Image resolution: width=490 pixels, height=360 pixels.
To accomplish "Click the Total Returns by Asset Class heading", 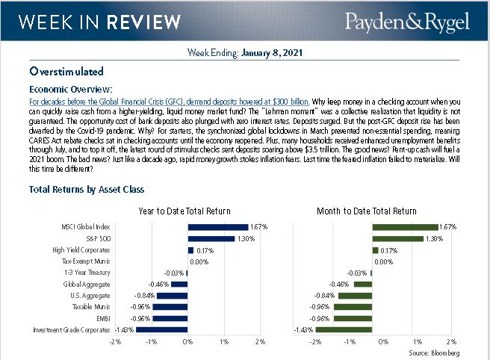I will [87, 190].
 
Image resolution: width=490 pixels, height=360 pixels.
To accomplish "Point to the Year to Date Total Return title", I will [184, 211].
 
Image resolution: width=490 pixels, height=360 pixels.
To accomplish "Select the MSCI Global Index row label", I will [85, 226].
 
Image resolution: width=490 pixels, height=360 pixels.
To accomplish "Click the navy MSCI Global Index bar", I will [217, 226].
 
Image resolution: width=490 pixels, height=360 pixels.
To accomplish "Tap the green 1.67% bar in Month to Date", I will [405, 226].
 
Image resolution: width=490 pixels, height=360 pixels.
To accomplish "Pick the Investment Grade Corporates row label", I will [72, 329].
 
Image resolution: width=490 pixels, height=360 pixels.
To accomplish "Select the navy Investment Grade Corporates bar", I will [162, 329].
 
